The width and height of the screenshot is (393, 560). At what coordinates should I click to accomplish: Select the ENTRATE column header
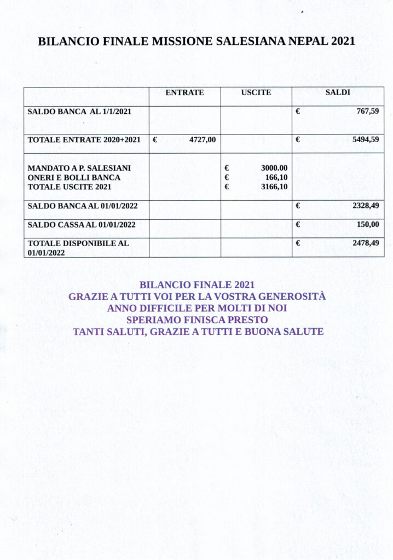[x=184, y=93]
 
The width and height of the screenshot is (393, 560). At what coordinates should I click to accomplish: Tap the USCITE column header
[x=256, y=93]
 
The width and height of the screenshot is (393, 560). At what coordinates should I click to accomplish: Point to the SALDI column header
[x=338, y=93]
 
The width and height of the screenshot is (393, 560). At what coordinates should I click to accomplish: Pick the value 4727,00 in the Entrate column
[x=203, y=140]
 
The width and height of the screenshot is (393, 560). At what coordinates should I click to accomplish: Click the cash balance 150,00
[x=368, y=224]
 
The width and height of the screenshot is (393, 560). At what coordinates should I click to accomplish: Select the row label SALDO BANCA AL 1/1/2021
[x=80, y=111]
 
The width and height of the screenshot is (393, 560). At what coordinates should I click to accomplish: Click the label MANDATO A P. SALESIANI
[x=79, y=168]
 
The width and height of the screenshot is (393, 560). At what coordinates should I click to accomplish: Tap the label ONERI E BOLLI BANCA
[x=74, y=177]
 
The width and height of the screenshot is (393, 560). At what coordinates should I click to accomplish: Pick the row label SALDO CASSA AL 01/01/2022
[x=82, y=224]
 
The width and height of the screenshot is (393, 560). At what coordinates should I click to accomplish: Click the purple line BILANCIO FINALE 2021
[x=197, y=285]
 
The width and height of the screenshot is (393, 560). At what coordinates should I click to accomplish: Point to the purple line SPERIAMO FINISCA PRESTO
[x=197, y=320]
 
